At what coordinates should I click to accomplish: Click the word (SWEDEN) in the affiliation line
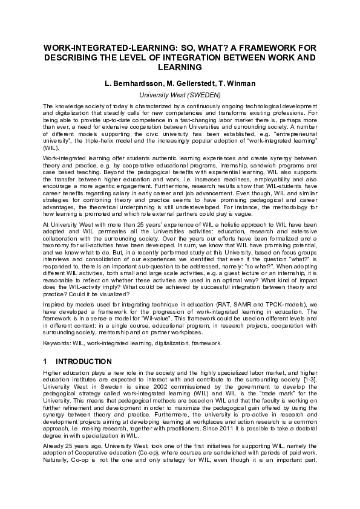point(201,95)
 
